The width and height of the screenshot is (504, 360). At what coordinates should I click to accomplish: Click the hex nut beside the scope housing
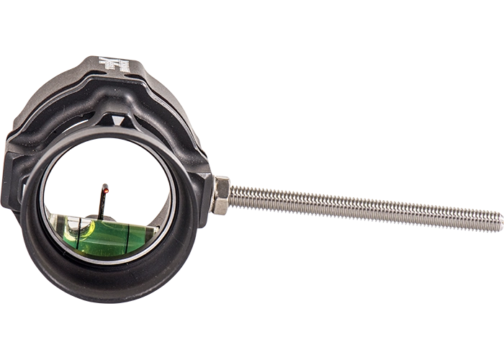click(220, 196)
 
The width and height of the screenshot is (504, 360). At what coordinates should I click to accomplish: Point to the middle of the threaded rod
click(360, 207)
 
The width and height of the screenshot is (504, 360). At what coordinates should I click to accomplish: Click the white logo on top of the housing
click(117, 65)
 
